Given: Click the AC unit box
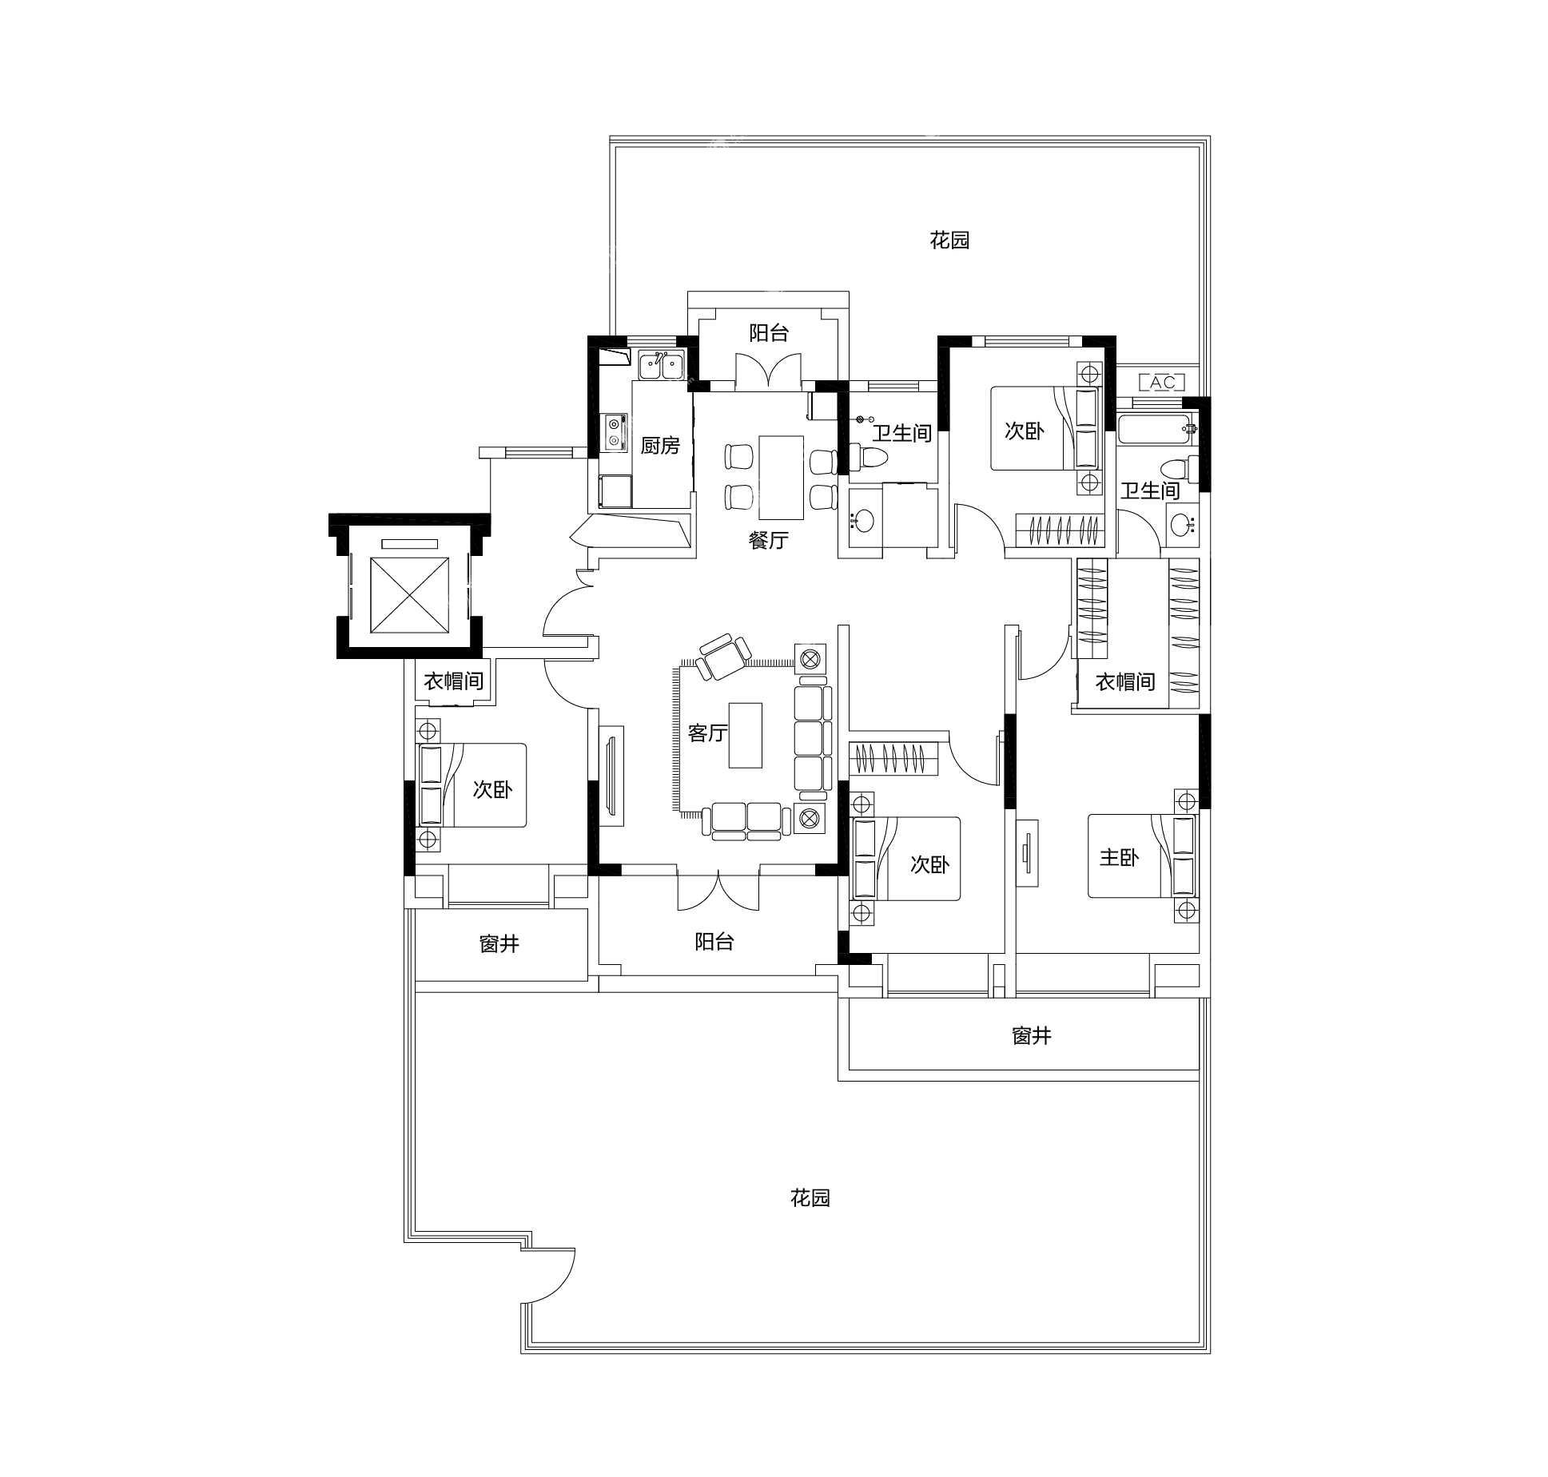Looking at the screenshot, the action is click(x=1162, y=382).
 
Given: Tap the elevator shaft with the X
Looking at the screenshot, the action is click(x=409, y=594).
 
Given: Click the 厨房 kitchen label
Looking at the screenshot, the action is click(x=660, y=446).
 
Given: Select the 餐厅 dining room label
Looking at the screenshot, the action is click(x=768, y=541).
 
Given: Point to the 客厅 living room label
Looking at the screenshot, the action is click(x=707, y=733).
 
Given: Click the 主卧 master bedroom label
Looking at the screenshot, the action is click(x=1118, y=857).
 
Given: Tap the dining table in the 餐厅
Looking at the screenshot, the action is click(x=781, y=478).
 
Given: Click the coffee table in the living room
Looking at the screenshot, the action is click(x=745, y=735).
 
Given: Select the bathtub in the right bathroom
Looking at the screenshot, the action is click(x=1157, y=429).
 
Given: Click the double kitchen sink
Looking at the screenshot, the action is click(x=661, y=366).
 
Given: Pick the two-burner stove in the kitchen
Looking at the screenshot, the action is click(x=614, y=432).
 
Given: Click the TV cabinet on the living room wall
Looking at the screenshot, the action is click(x=611, y=776).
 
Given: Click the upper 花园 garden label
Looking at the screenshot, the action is click(x=949, y=240).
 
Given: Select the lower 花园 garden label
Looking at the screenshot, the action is click(x=810, y=1220).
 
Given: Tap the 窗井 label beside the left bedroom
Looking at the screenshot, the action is click(x=499, y=944).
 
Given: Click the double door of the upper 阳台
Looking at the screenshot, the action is click(x=768, y=372).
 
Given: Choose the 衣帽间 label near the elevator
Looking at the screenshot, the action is click(x=453, y=681).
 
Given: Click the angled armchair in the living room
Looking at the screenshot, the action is click(x=723, y=656).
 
